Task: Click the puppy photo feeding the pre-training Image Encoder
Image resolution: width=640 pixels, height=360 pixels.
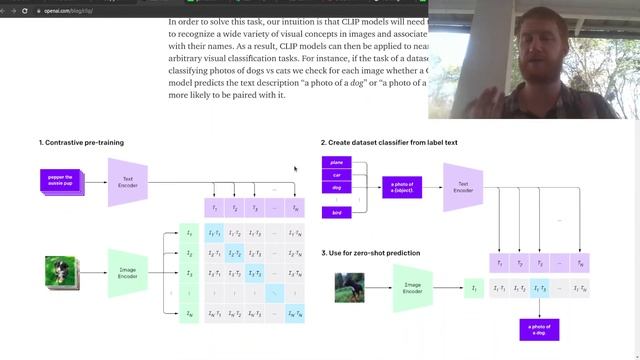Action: tap(61, 273)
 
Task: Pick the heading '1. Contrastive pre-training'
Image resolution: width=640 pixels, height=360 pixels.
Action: tap(81, 143)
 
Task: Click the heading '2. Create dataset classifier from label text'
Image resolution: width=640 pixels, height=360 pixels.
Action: tap(389, 143)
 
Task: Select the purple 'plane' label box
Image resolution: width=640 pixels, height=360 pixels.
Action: tap(337, 161)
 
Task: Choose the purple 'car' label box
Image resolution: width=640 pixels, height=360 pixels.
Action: tap(337, 175)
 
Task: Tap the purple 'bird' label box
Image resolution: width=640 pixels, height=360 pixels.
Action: tap(337, 212)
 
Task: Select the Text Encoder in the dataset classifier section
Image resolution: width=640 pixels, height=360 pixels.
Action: tap(463, 186)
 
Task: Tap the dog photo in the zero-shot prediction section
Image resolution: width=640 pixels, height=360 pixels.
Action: tap(351, 288)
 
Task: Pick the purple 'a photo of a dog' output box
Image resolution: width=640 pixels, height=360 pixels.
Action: tap(539, 328)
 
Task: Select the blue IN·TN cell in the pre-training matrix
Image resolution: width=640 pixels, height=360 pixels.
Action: tap(294, 314)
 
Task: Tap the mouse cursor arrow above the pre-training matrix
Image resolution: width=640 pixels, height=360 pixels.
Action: tap(295, 169)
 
